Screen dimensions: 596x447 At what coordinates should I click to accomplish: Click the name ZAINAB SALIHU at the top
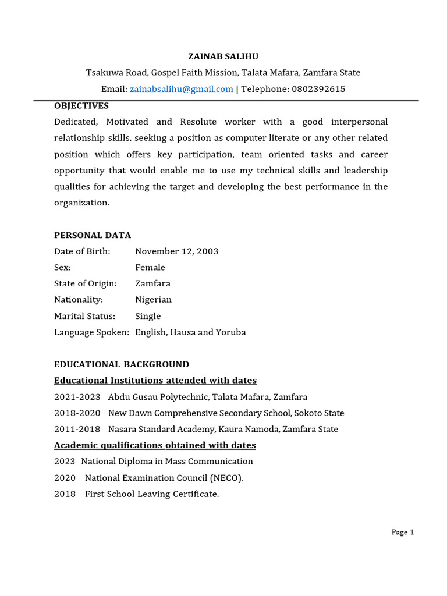pyautogui.click(x=223, y=56)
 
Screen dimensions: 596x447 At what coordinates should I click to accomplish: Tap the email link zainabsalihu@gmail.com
pyautogui.click(x=181, y=89)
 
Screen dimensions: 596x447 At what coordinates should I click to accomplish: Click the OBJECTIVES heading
pyautogui.click(x=81, y=106)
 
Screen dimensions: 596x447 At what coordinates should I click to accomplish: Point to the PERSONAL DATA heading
pyautogui.click(x=93, y=235)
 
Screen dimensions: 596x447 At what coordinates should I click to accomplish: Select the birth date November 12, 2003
pyautogui.click(x=176, y=251)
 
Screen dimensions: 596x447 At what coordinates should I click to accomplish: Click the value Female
pyautogui.click(x=150, y=268)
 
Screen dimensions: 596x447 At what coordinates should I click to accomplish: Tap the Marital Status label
pyautogui.click(x=84, y=316)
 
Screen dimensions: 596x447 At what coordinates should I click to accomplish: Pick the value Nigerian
pyautogui.click(x=153, y=300)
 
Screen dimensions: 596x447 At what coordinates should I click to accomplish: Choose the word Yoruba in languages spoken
pyautogui.click(x=230, y=332)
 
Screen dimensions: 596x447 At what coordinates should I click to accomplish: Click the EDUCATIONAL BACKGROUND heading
pyautogui.click(x=122, y=364)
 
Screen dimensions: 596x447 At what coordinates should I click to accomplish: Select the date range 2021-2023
pyautogui.click(x=77, y=397)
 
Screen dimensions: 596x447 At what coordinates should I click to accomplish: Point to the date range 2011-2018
pyautogui.click(x=77, y=430)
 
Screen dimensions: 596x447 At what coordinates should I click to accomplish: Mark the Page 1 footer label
pyautogui.click(x=403, y=532)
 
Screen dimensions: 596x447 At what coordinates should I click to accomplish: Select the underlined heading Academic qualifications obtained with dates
pyautogui.click(x=155, y=445)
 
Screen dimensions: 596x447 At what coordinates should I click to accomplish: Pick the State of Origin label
pyautogui.click(x=85, y=284)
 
